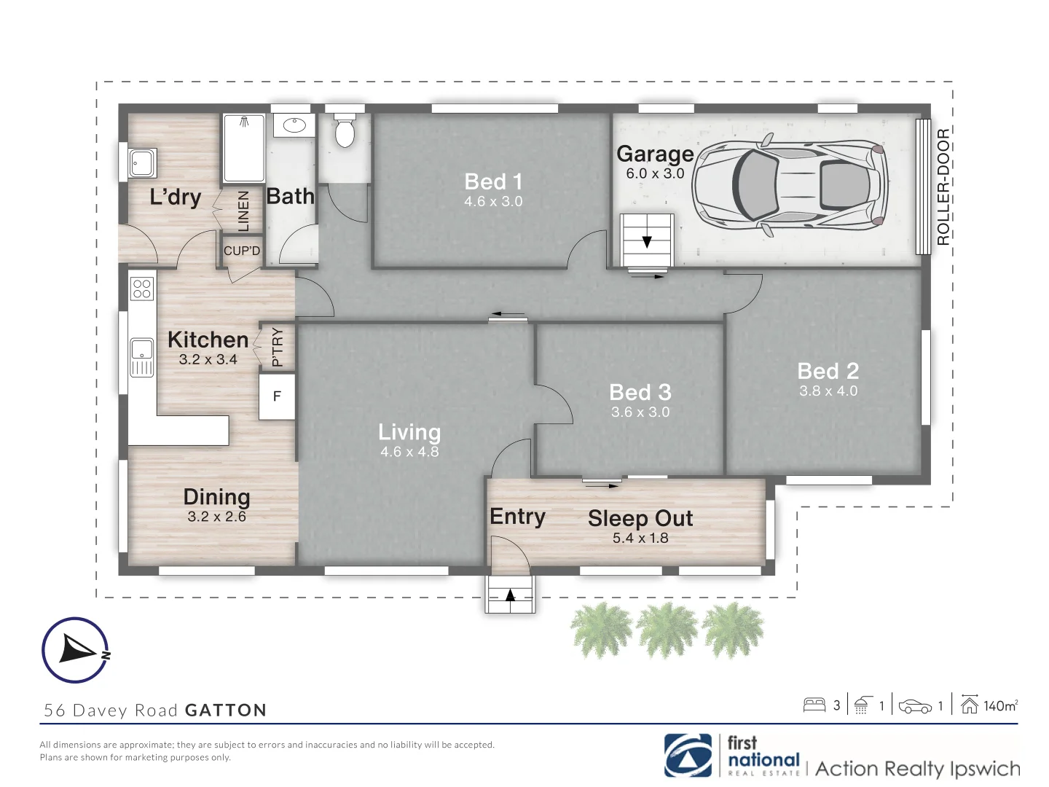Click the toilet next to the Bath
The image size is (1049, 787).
coord(345,131)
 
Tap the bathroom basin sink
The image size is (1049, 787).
coord(294,125)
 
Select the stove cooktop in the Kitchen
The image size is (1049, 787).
coord(142,289)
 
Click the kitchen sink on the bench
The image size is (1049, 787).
coord(141,356)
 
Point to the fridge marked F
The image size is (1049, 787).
coord(277,396)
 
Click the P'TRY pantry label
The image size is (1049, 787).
coord(277,347)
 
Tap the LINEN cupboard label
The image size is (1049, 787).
coord(243,211)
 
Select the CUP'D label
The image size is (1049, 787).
coord(242,251)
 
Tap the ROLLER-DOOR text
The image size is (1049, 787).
coord(943,187)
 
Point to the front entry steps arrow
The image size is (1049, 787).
coord(510,595)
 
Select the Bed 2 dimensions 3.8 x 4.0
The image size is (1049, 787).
coord(828,391)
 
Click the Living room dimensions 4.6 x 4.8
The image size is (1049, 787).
coord(409,452)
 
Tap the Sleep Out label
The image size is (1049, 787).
coord(640,518)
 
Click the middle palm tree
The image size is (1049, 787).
coord(667,630)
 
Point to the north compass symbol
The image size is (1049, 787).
coord(76,649)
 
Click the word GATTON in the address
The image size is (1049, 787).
coord(226,710)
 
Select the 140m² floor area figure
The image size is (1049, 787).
coord(1000,705)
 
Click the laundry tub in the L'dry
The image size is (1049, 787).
coord(142,163)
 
